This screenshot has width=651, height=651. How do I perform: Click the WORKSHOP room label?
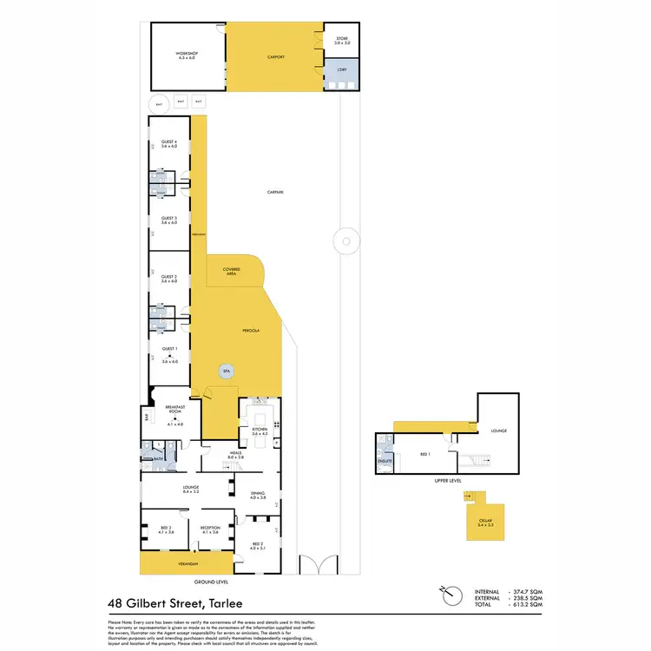188,56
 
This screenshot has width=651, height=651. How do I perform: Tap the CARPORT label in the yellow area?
275,56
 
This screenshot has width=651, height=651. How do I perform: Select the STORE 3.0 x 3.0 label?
342,40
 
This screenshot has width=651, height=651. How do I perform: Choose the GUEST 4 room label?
169,144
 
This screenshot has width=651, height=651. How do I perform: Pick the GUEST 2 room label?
169,279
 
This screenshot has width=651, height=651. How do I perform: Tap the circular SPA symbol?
227,371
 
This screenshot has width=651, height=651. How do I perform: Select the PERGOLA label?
252,331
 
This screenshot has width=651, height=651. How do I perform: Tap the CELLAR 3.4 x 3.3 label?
486,522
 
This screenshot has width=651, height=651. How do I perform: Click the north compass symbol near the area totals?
448,593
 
